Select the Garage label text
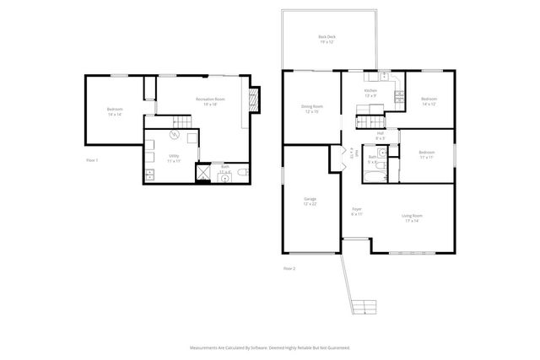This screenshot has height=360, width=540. tap(310, 200)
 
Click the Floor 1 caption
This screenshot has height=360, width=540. tap(92, 159)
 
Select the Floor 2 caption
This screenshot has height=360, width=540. tap(289, 268)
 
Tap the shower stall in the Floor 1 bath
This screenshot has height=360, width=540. tap(203, 174)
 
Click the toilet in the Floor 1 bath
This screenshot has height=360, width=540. tap(242, 173)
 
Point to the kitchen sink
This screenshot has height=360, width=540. tap(382, 77)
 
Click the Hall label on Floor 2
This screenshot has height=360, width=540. tap(381, 134)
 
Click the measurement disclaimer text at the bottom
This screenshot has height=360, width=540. tap(269, 347)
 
